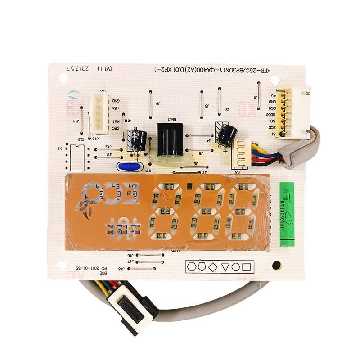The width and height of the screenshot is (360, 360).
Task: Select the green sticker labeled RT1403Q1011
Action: click(287, 214)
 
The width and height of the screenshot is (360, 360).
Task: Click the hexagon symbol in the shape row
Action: click(191, 267)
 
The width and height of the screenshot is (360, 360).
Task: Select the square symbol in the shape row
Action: click(246, 267)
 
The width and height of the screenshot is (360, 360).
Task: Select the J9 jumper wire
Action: click(149, 103)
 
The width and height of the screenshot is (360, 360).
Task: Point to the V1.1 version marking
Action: click(106, 69)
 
